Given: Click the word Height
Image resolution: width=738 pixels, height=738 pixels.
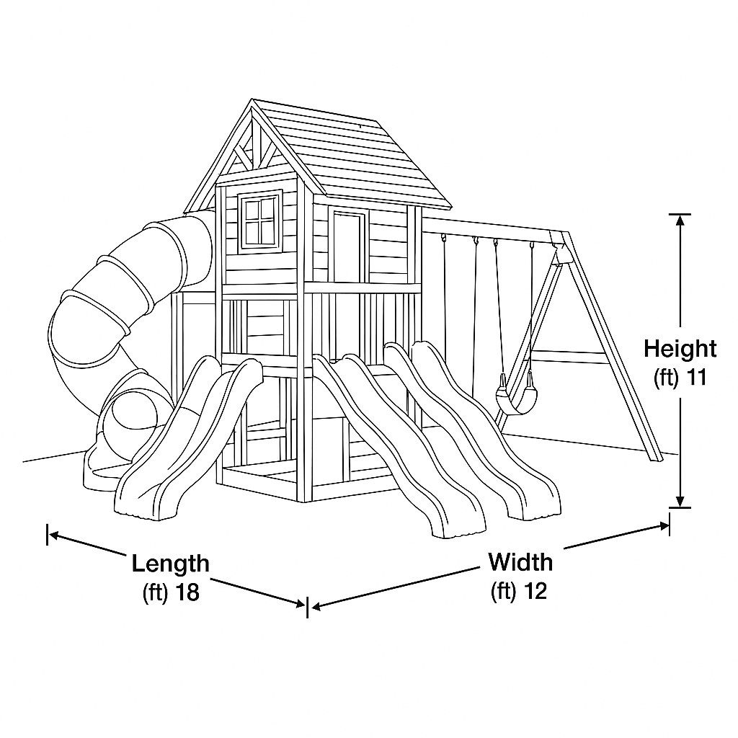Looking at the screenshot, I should point(680,349).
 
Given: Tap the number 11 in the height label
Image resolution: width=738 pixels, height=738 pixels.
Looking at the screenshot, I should point(696,378).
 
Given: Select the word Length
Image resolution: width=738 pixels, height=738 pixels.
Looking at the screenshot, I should point(170,564).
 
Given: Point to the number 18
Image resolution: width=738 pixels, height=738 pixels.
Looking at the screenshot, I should point(186,592).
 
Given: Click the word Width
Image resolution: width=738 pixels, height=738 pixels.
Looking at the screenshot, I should point(520,561).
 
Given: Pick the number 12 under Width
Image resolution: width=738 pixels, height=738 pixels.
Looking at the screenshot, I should point(535,591).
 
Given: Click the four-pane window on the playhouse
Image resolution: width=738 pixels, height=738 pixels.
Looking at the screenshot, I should point(260,221).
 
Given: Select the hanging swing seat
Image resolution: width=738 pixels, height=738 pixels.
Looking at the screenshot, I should point(514,396).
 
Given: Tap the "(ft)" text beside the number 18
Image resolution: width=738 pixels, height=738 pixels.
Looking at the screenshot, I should point(156,593).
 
